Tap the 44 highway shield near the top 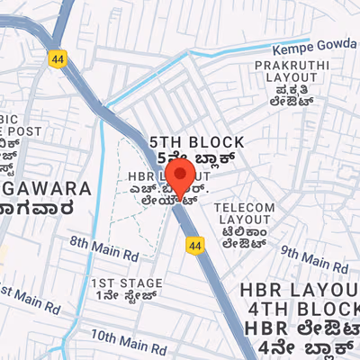click(x=58, y=57)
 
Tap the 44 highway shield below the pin click(x=194, y=244)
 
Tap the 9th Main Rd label click(x=306, y=257)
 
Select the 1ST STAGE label click(x=123, y=283)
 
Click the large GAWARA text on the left click(x=45, y=189)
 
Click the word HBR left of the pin click(x=142, y=175)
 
